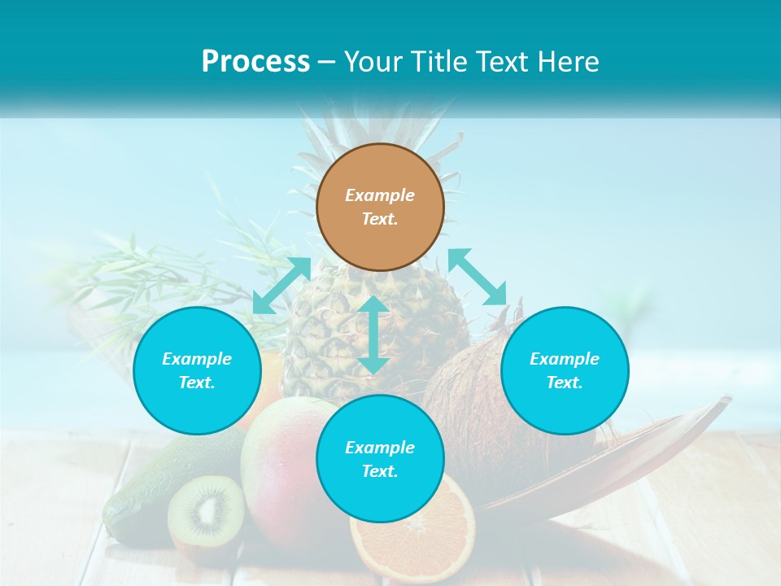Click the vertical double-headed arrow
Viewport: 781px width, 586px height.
[373, 335]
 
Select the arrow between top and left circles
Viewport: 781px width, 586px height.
[281, 286]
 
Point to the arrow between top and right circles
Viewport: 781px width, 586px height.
[478, 277]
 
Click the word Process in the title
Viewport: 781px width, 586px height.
[255, 61]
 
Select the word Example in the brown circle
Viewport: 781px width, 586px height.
[380, 195]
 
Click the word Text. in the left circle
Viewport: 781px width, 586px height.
[197, 383]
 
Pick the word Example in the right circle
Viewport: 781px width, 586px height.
[565, 359]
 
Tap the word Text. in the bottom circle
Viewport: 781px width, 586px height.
[380, 471]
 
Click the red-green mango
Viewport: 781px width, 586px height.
[281, 472]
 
